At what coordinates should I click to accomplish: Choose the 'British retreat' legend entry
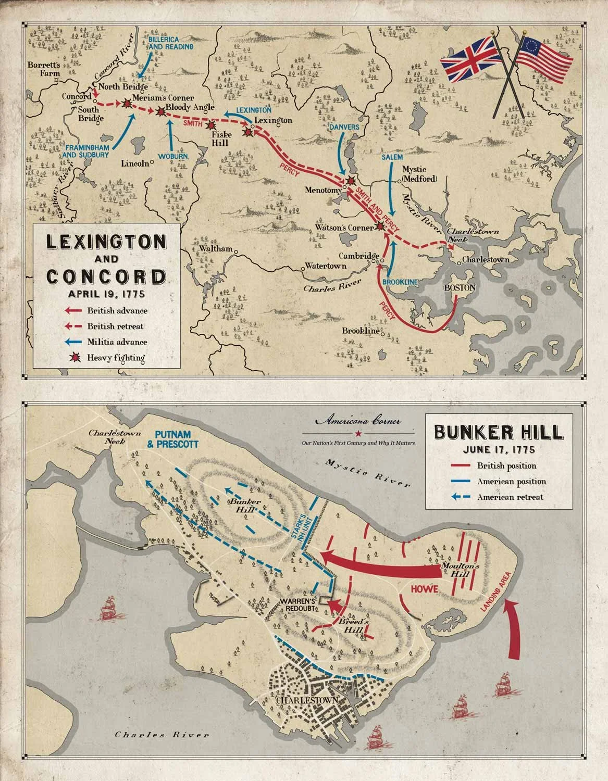pyautogui.click(x=115, y=326)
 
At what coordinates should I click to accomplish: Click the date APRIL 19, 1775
pyautogui.click(x=106, y=293)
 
